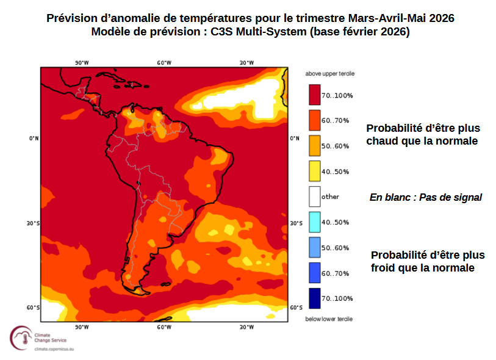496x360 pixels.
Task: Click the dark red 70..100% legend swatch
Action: coord(314,95)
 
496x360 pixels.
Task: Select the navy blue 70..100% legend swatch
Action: coord(314,298)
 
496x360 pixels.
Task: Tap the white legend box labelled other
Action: coord(314,196)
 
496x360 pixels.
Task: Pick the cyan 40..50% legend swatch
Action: coord(314,222)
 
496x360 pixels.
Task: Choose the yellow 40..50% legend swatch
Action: coord(314,171)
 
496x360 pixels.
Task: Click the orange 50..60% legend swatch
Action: coord(314,146)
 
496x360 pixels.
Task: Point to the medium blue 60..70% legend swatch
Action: coord(314,273)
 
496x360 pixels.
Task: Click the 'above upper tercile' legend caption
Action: coord(329,74)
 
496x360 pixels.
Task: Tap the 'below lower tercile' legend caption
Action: coord(329,319)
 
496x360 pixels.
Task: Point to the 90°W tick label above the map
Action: coord(82,63)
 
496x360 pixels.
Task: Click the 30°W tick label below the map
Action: coord(246,327)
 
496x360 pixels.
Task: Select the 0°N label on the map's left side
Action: coord(34,139)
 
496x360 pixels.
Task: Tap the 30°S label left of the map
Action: coord(33,223)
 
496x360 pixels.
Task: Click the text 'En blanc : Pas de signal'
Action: coord(426,198)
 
